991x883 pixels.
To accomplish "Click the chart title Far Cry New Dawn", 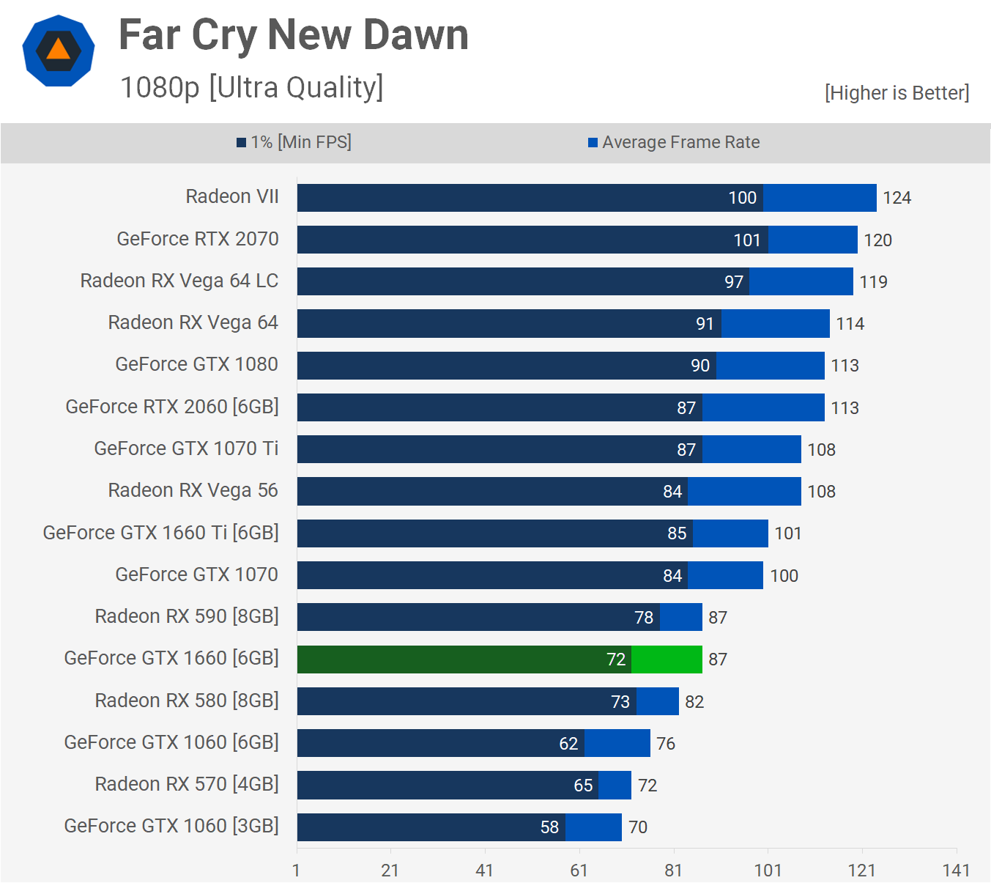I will point(293,34).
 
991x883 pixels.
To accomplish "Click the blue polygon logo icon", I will point(59,51).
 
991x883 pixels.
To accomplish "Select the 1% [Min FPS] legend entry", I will point(294,142).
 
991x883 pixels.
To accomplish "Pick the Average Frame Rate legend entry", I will point(675,142).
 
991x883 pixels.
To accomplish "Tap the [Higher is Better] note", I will point(897,93).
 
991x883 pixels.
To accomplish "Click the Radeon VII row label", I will point(232,196).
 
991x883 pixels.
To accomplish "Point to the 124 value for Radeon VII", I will point(897,198).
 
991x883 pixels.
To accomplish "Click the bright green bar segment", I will point(667,660).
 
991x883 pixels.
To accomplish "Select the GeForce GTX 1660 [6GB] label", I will point(171,658).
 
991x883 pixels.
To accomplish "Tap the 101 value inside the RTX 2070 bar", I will point(747,240).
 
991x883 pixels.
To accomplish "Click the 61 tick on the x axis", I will point(579,870).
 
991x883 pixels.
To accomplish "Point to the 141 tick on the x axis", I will point(956,870).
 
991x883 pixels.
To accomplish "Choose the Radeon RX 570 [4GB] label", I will point(187,784).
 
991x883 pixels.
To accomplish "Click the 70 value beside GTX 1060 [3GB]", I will point(638,827).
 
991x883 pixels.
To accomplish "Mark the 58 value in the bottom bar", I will point(549,827).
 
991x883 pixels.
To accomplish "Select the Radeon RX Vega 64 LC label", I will point(179,281).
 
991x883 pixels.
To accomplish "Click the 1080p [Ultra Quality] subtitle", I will point(251,87).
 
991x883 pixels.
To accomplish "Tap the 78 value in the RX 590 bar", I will point(644,618).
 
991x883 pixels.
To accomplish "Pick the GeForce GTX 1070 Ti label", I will point(186,448).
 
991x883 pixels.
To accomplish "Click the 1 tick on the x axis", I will point(296,870).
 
